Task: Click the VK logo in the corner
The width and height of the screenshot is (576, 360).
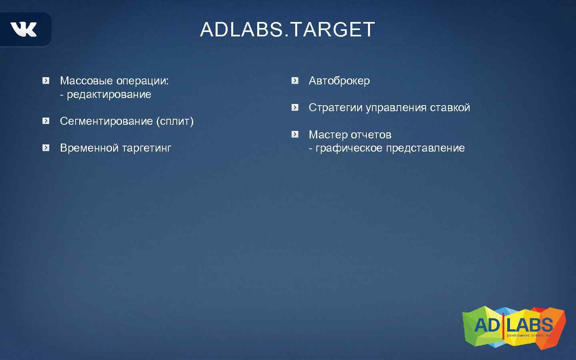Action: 24,30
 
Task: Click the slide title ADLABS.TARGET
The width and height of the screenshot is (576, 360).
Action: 287,30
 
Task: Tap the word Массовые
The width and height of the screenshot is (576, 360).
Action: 86,81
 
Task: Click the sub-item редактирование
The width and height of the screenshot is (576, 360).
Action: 109,94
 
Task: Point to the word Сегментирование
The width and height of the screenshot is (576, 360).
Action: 106,121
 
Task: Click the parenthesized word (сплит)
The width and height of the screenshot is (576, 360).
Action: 175,121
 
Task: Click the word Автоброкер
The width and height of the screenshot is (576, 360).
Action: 339,81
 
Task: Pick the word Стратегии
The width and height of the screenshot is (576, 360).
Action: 336,108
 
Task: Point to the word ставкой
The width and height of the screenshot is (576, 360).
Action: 450,108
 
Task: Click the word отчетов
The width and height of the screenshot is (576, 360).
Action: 371,135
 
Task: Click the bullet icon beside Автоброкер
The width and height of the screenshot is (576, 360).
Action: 295,81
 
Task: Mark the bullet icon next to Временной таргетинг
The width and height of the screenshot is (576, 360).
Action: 46,148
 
